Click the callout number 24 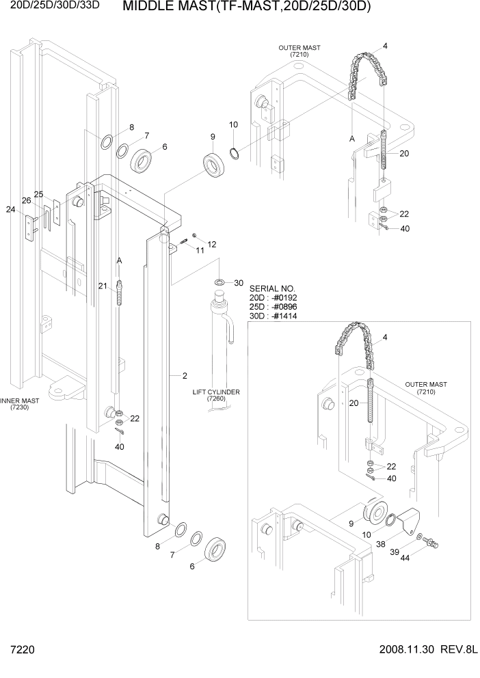(10, 210)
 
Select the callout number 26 (26, 201)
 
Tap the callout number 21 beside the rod (103, 286)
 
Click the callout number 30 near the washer (239, 283)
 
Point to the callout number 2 (185, 375)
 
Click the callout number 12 (211, 244)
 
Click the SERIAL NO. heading (273, 288)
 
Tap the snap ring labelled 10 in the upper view (235, 151)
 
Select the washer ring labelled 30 (219, 282)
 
